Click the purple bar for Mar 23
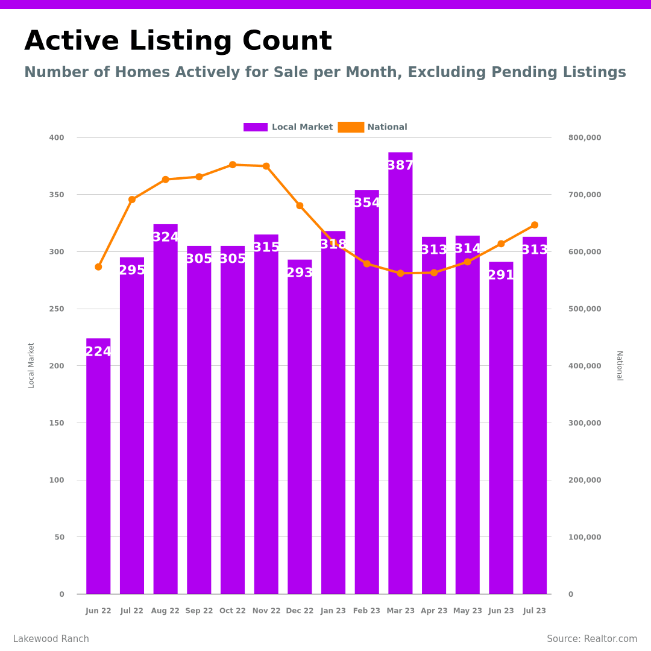click(x=400, y=374)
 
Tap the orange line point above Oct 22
click(x=233, y=165)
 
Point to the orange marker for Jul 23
click(x=535, y=225)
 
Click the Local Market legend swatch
click(x=256, y=127)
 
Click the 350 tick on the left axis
click(x=57, y=195)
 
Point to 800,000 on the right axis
click(x=584, y=137)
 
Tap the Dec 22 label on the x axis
click(x=300, y=611)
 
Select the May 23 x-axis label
click(x=468, y=611)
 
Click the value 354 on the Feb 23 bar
click(x=366, y=203)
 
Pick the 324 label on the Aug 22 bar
click(x=165, y=237)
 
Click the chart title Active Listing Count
click(x=178, y=42)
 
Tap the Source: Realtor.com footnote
click(x=592, y=639)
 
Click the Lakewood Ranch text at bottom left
click(x=51, y=639)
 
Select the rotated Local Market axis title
click(x=31, y=365)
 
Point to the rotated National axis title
click(x=619, y=365)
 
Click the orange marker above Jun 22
click(x=98, y=266)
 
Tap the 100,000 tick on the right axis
click(x=584, y=537)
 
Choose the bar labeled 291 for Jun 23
click(x=501, y=428)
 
